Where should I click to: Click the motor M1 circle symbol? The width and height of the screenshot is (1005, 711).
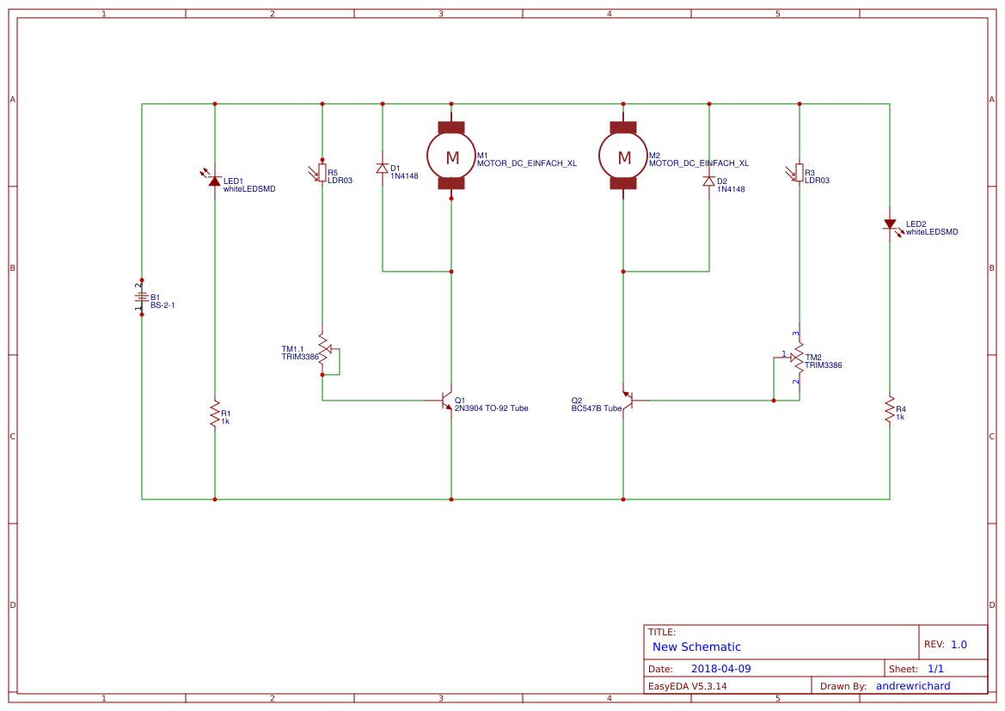pos(451,156)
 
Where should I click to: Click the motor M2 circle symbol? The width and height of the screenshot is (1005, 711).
pos(623,156)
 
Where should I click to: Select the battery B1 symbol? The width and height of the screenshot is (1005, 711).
pos(142,297)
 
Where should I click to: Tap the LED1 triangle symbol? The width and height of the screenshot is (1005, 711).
pos(215,181)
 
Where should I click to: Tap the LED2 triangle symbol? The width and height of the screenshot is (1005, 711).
pos(890,224)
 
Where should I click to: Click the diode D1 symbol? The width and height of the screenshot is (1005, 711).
pos(383,168)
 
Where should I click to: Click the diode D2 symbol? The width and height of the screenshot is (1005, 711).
pos(709,181)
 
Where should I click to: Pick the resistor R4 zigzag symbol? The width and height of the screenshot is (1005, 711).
pos(890,410)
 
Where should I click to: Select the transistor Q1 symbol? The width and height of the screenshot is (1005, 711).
pos(446,401)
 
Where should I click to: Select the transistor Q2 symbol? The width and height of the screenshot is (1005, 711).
pos(628,400)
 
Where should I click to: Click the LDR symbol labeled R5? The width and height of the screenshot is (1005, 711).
pos(322,174)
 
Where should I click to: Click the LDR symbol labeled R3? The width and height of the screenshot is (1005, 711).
pos(799,174)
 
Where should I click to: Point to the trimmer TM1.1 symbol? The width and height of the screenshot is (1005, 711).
pos(323,354)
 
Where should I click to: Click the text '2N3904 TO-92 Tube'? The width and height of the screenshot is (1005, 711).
pos(491,408)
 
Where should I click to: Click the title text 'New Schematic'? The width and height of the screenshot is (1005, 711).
pos(696,647)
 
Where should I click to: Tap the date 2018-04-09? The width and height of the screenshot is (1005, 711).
pos(720,669)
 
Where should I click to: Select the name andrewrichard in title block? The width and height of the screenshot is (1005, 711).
pos(913,686)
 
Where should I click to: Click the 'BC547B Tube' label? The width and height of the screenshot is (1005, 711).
pos(596,408)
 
